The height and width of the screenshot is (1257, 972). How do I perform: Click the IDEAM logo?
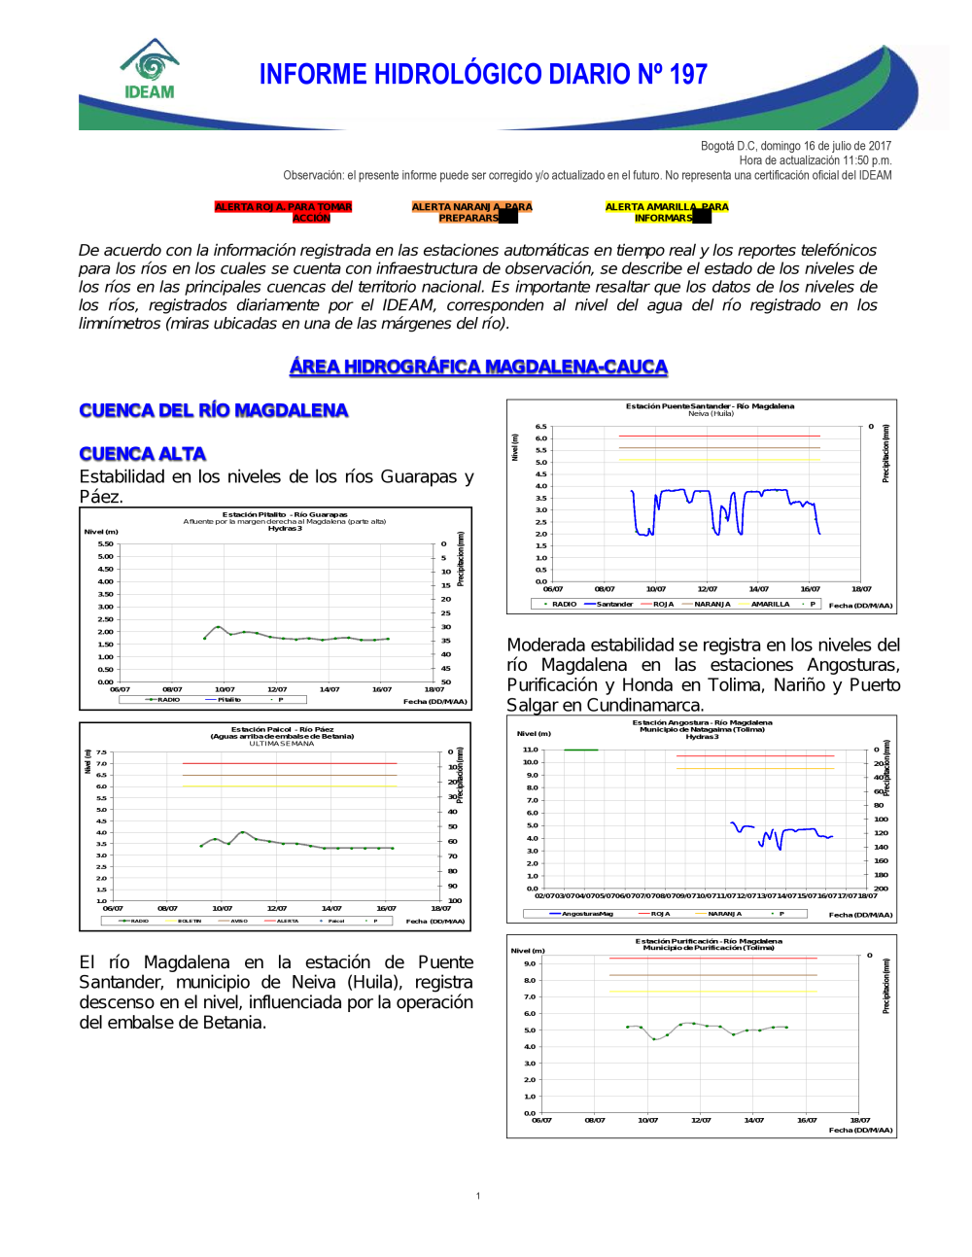tap(150, 70)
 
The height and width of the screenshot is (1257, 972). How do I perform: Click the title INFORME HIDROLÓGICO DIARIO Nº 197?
tap(483, 75)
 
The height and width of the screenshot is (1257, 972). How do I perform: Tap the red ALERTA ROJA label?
tap(283, 212)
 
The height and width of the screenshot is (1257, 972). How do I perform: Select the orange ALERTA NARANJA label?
tap(471, 212)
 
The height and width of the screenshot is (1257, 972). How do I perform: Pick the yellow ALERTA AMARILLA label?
tap(666, 212)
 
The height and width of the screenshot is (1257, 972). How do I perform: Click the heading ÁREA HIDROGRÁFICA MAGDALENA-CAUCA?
tap(478, 367)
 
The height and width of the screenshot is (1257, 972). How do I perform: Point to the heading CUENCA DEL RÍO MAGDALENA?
tap(214, 410)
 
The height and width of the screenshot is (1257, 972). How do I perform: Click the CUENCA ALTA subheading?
tap(143, 454)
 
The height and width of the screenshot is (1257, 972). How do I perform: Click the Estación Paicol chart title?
tap(282, 729)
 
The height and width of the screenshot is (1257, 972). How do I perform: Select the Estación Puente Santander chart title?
tap(710, 406)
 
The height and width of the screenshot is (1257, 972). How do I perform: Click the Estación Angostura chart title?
tap(702, 722)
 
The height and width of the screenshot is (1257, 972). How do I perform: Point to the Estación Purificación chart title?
tap(709, 941)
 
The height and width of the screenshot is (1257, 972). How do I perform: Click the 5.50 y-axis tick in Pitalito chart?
tap(105, 543)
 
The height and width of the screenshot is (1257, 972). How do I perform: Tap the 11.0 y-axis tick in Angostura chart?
tap(530, 750)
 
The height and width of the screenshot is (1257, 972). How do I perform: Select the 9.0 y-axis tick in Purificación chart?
tap(530, 963)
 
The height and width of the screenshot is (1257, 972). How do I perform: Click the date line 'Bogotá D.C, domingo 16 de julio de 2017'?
tap(795, 146)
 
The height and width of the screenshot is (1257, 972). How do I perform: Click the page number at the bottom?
tap(478, 1196)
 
